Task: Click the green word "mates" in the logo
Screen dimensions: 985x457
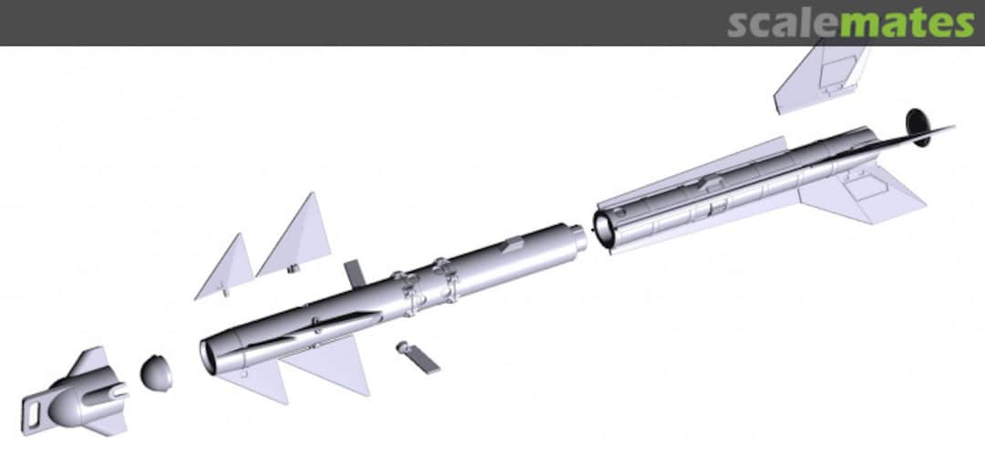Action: [907, 23]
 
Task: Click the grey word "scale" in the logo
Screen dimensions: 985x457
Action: [783, 23]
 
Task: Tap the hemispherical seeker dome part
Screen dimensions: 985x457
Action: [156, 373]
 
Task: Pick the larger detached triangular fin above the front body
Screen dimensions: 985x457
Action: [295, 235]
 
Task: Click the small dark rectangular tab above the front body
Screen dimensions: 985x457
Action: [355, 274]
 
